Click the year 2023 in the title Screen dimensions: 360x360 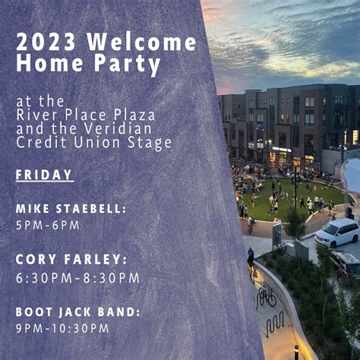(x=46, y=42)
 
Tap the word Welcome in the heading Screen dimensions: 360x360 (x=142, y=42)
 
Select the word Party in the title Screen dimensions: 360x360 (x=128, y=64)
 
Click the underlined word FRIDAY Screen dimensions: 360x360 (x=44, y=175)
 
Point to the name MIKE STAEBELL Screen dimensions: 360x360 (x=71, y=209)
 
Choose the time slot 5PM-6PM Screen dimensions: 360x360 (x=48, y=226)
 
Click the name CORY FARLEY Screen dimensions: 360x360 (x=71, y=260)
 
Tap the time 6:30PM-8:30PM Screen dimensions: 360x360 (x=78, y=278)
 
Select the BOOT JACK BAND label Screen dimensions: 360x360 (x=78, y=312)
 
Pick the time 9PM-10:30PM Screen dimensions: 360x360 (x=62, y=328)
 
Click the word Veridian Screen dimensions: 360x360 (x=118, y=128)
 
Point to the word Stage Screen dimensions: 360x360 (x=150, y=144)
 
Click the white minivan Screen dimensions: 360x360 (x=336, y=232)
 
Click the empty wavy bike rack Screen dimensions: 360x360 (x=275, y=324)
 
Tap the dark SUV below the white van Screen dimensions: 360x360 (x=345, y=264)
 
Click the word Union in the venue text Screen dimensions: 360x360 (x=96, y=142)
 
